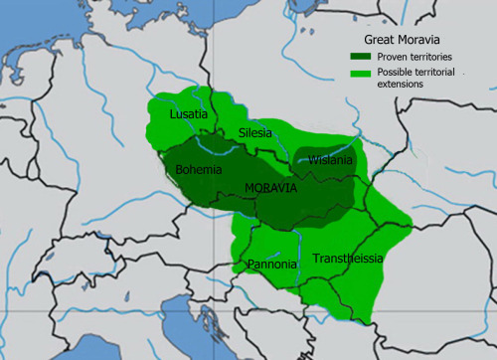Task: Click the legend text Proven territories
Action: point(408,56)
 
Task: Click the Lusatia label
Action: point(188,115)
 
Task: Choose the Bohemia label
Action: point(199,170)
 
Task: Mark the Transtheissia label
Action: point(346,259)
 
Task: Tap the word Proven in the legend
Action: point(385,56)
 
